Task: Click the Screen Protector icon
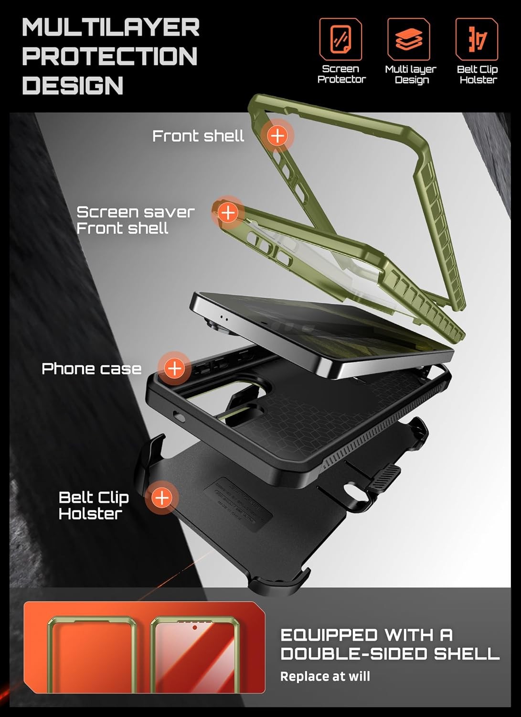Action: pyautogui.click(x=340, y=39)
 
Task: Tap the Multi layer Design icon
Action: pyautogui.click(x=409, y=39)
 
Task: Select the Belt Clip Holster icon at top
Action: pyautogui.click(x=477, y=39)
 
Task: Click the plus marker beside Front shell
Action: pyautogui.click(x=277, y=136)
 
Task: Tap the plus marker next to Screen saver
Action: pyautogui.click(x=228, y=212)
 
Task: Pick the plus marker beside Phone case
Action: pyautogui.click(x=175, y=368)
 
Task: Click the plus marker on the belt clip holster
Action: pyautogui.click(x=162, y=498)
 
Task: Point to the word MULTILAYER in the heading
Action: pyautogui.click(x=111, y=28)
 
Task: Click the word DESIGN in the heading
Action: pyautogui.click(x=73, y=86)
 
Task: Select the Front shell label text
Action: pyautogui.click(x=198, y=136)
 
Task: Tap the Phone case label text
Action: pyautogui.click(x=91, y=369)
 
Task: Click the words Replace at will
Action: pyautogui.click(x=325, y=676)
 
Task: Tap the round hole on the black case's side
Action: pyautogui.click(x=180, y=417)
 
